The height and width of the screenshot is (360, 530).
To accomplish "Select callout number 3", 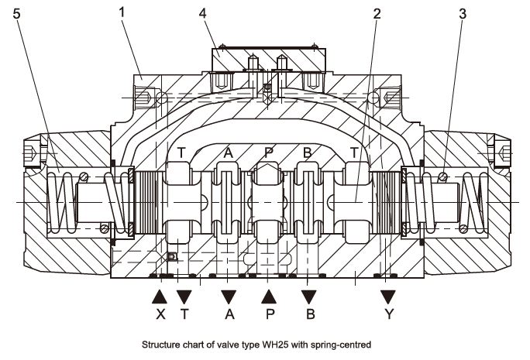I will (x=462, y=13).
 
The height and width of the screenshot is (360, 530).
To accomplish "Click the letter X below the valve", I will (x=160, y=315).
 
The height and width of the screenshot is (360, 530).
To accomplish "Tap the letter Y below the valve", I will (x=388, y=315).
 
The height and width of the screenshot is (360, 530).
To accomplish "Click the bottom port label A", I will (x=229, y=315).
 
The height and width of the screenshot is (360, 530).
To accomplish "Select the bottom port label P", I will (x=269, y=315).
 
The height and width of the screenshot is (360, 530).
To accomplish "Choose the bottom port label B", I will (x=309, y=315).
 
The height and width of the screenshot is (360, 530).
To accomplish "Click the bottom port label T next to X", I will (x=184, y=315).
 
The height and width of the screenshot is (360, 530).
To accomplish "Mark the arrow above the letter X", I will (x=160, y=296).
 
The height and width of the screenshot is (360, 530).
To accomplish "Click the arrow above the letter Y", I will (x=388, y=296).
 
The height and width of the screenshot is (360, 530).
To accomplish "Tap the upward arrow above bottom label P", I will (x=269, y=296).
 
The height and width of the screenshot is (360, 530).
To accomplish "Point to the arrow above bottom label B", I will (x=309, y=296).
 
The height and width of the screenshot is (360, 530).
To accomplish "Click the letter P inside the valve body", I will (x=268, y=153).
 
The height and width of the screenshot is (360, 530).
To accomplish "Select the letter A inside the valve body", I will (x=228, y=153).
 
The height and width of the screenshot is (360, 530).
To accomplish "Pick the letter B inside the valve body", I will (x=308, y=153).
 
